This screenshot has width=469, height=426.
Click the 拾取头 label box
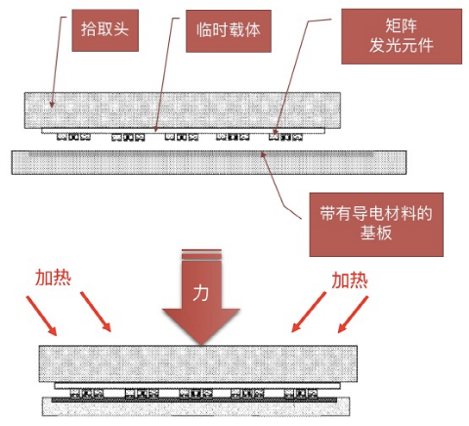106,30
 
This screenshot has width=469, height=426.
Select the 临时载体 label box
229,31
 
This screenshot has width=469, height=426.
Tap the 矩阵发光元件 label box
402,36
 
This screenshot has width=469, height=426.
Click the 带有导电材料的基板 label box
376,225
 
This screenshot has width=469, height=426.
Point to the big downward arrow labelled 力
201,296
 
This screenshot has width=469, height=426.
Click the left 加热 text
53,277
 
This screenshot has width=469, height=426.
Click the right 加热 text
350,280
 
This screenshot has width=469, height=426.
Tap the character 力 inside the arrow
200,293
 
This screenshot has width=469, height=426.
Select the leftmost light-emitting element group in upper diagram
73,137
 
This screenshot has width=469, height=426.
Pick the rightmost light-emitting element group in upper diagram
285,137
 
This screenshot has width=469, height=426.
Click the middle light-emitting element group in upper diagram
182,137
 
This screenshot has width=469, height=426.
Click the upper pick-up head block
183,110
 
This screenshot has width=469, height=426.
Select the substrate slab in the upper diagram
209,162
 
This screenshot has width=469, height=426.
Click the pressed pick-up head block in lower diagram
198,363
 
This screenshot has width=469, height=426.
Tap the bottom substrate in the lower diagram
195,406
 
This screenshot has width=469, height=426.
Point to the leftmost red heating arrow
42,316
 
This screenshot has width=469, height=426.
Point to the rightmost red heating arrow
353,315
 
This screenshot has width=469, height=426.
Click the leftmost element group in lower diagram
87,394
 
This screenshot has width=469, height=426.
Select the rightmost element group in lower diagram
301,394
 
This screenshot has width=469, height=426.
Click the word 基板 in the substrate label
376,234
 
